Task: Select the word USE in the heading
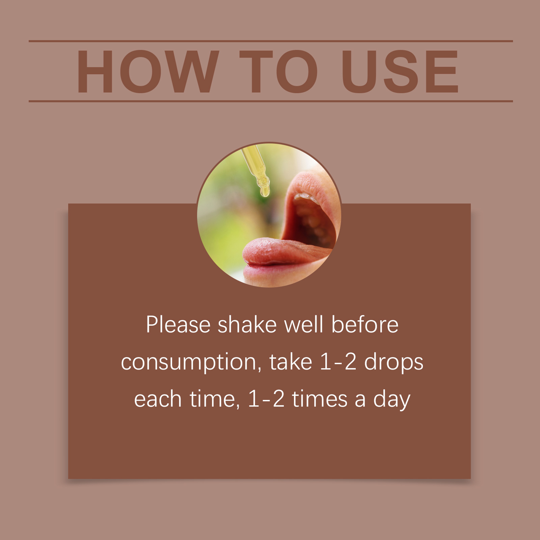400,71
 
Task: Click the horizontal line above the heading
271,41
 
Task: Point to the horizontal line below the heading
271,101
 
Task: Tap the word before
365,325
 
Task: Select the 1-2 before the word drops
338,362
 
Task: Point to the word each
158,399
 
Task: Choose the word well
304,325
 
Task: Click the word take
291,362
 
